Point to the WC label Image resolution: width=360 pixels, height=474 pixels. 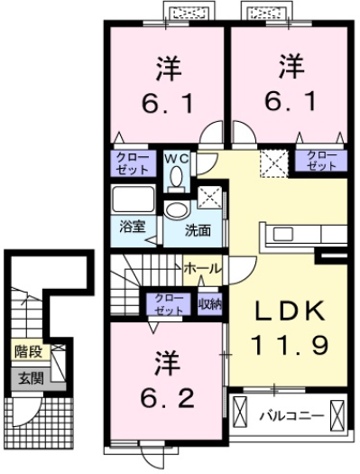177,159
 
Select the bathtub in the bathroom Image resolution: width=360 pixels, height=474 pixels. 133,199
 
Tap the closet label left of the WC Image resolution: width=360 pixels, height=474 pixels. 132,163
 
